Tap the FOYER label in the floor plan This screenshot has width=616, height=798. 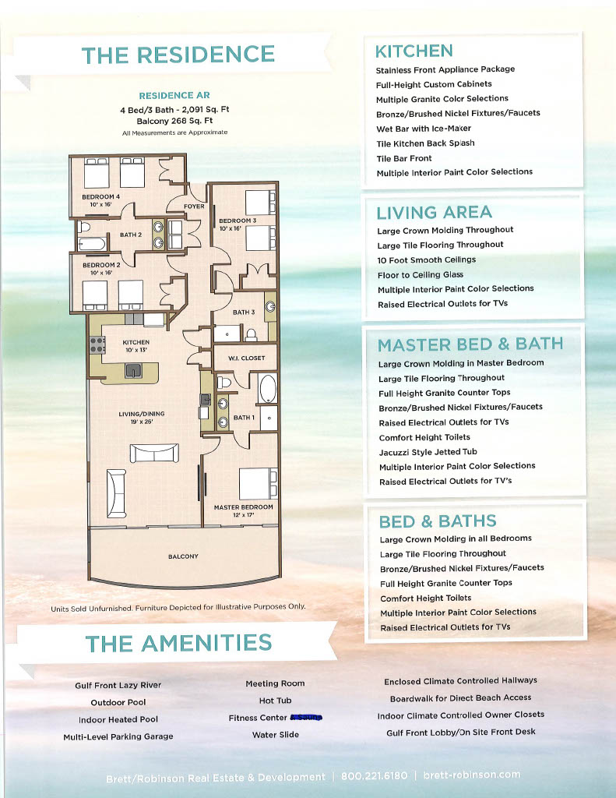click(x=194, y=207)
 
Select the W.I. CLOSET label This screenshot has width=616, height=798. click(x=246, y=358)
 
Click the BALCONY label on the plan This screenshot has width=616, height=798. click(x=183, y=556)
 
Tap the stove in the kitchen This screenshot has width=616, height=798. click(x=97, y=344)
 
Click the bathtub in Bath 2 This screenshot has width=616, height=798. click(x=92, y=244)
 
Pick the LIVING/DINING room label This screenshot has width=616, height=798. click(x=141, y=418)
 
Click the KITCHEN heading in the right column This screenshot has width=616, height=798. click(x=414, y=51)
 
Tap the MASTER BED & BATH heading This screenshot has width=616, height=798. click(x=470, y=344)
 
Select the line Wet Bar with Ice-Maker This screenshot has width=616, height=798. click(x=424, y=129)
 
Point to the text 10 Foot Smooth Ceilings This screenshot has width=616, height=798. click(x=426, y=260)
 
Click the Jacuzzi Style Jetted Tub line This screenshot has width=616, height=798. click(x=428, y=452)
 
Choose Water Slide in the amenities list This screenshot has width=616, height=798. click(x=275, y=735)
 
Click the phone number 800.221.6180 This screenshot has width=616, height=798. click(x=370, y=776)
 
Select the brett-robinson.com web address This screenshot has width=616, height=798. click(x=471, y=775)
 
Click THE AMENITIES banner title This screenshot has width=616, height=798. click(x=178, y=643)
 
